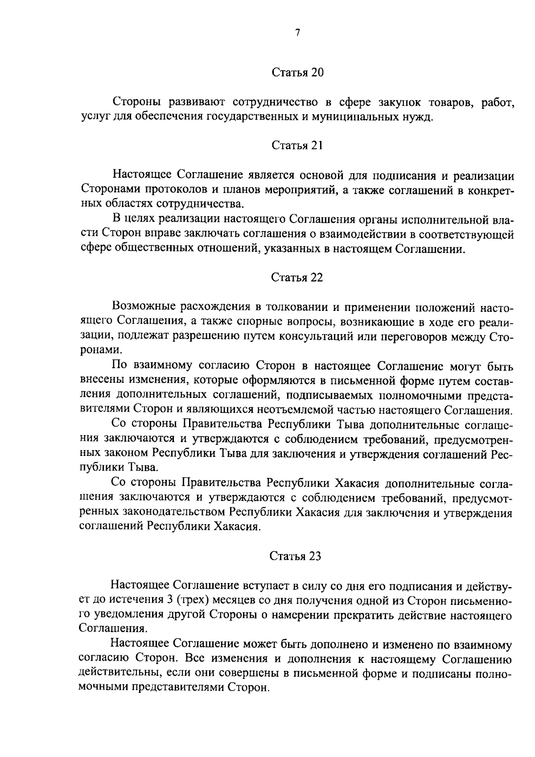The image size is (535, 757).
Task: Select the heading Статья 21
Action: [x=297, y=145]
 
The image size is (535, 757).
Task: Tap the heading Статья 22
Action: [x=297, y=277]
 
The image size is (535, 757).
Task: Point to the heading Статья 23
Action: [x=296, y=556]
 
